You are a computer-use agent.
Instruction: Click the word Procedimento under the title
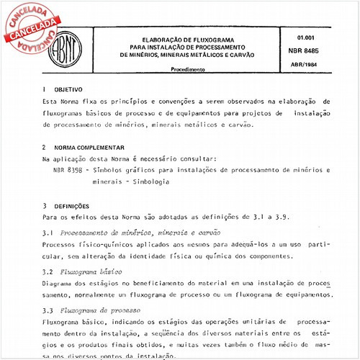[x=188, y=70]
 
